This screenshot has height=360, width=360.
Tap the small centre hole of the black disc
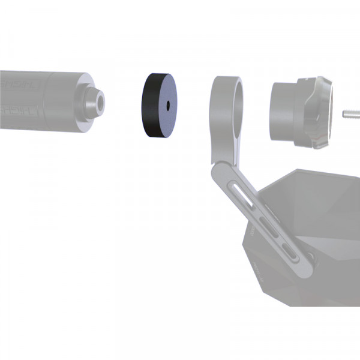(169, 104)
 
